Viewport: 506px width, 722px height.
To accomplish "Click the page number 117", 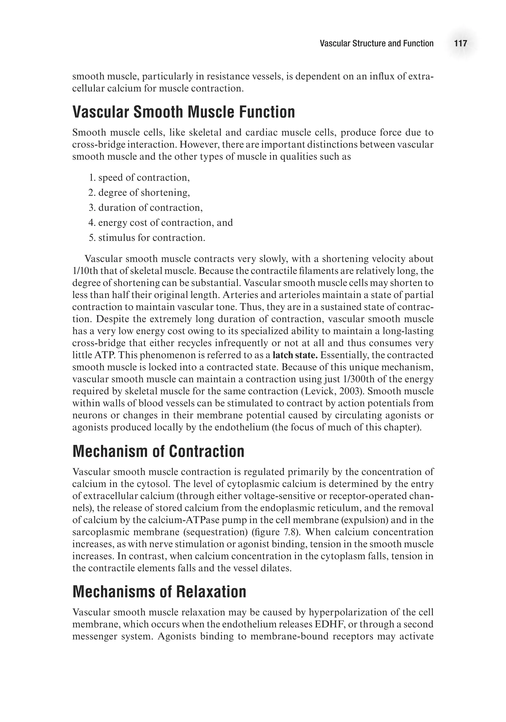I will (x=460, y=43).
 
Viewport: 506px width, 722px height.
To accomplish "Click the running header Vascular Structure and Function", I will (x=376, y=43).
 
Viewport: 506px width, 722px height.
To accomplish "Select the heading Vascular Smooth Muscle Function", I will (x=184, y=112).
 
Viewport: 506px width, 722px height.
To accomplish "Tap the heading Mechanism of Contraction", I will (x=158, y=451).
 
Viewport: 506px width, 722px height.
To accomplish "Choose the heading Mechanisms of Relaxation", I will (x=159, y=591).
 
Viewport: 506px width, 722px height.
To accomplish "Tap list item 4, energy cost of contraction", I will (x=161, y=223).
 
